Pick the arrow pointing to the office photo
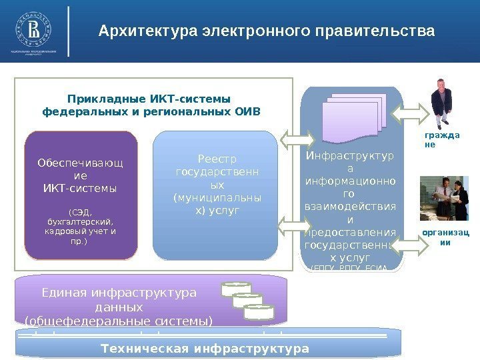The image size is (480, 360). point(418,246)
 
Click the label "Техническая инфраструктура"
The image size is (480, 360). point(205,349)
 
